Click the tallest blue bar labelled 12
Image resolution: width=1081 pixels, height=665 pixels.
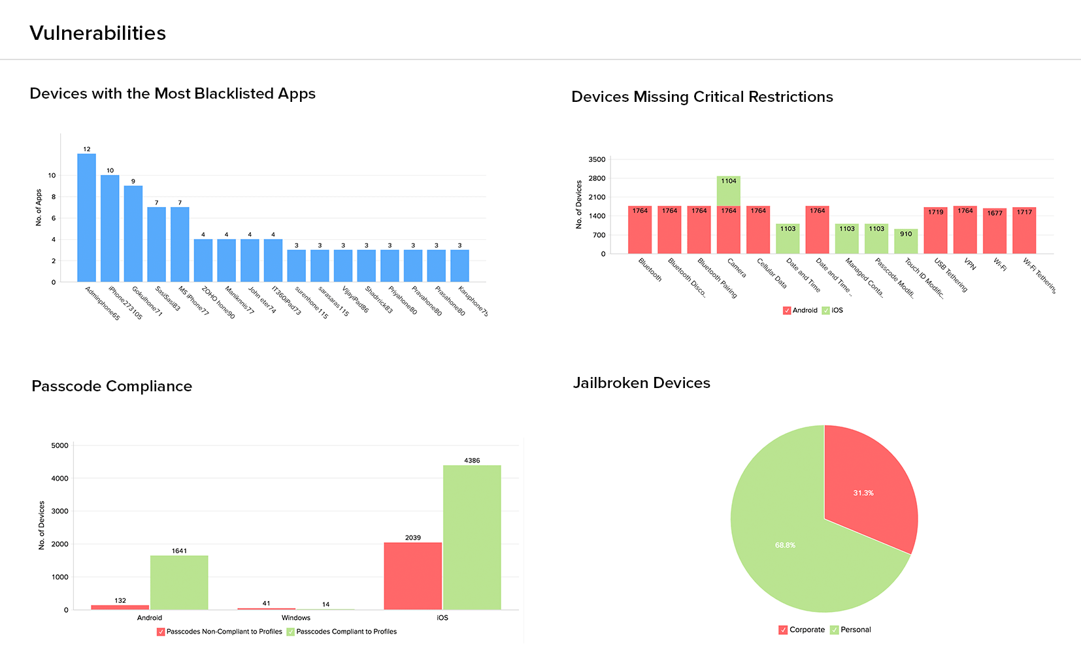pyautogui.click(x=86, y=218)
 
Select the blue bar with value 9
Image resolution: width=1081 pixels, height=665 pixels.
pyautogui.click(x=133, y=234)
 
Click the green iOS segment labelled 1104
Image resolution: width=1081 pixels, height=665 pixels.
pyautogui.click(x=728, y=191)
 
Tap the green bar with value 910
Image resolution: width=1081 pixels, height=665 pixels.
pyautogui.click(x=905, y=242)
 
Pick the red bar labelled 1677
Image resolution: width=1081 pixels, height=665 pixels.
pyautogui.click(x=994, y=231)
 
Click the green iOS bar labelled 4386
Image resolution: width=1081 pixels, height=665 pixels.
pyautogui.click(x=472, y=537)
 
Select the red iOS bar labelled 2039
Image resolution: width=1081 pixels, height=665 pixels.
pyautogui.click(x=412, y=576)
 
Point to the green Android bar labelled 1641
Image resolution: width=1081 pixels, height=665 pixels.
pyautogui.click(x=179, y=582)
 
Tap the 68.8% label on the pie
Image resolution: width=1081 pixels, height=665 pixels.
pyautogui.click(x=785, y=545)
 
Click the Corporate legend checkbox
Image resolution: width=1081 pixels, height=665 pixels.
pyautogui.click(x=783, y=630)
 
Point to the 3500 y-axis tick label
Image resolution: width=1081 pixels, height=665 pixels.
pyautogui.click(x=597, y=159)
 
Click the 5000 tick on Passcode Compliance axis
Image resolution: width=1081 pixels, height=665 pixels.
pyautogui.click(x=59, y=446)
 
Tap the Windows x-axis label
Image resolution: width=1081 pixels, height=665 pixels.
pyautogui.click(x=296, y=617)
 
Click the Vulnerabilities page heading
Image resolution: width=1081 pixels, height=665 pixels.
pyautogui.click(x=98, y=33)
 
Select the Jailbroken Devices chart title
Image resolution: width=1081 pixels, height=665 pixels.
pyautogui.click(x=641, y=383)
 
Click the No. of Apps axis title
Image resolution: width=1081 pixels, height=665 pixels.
pyautogui.click(x=39, y=208)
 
